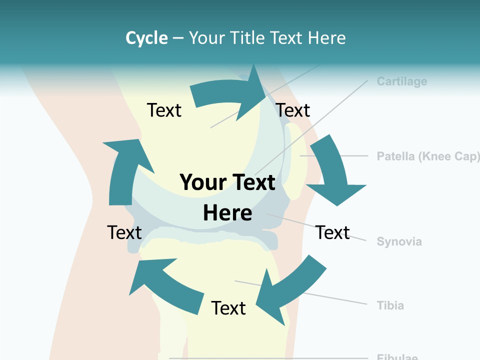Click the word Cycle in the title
click(146, 38)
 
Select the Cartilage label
click(402, 81)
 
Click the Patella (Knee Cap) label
click(428, 156)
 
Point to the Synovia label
click(399, 242)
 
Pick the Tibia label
click(390, 305)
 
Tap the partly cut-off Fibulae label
click(397, 357)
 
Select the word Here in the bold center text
click(227, 213)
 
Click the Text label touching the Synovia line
click(332, 232)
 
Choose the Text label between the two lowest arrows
click(228, 308)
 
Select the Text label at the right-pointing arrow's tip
click(293, 110)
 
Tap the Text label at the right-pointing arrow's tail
click(164, 110)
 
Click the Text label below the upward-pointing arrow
click(124, 232)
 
